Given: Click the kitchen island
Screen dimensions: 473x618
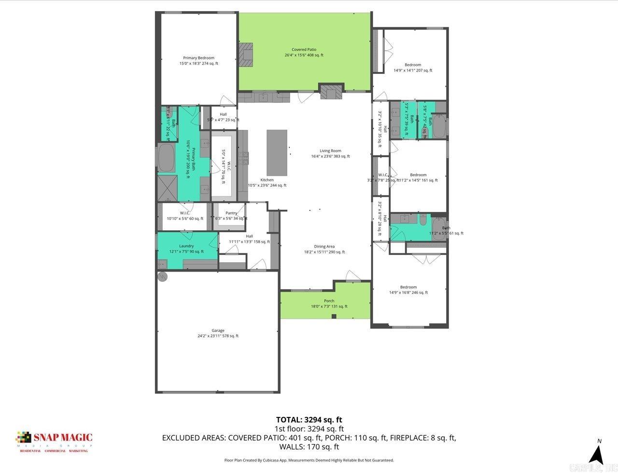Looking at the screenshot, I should [x=277, y=152].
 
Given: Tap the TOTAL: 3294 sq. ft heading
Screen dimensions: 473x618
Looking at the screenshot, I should [x=309, y=420].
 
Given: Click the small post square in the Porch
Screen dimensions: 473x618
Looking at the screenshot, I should [x=334, y=317].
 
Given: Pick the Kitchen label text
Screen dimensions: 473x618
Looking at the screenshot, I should [x=267, y=180].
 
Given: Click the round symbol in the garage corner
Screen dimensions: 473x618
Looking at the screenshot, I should [x=162, y=277].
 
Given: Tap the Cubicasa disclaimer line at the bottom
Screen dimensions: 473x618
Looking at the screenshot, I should [x=309, y=460].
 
